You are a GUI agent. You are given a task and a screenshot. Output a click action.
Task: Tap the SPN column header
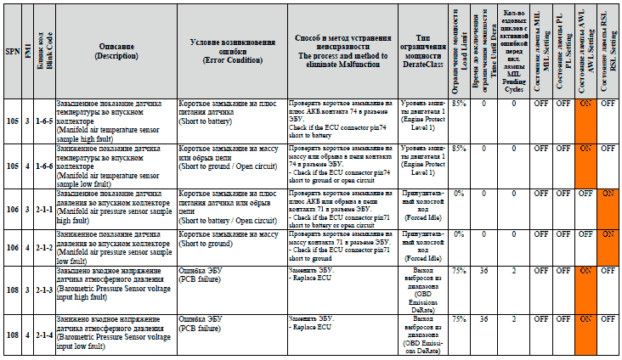[12, 52]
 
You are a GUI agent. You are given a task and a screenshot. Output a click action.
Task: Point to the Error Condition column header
[232, 50]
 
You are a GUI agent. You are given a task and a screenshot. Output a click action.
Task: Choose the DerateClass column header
[423, 50]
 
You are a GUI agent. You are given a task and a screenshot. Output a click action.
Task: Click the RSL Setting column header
[607, 50]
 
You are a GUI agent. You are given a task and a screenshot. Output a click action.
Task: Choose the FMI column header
[28, 52]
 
